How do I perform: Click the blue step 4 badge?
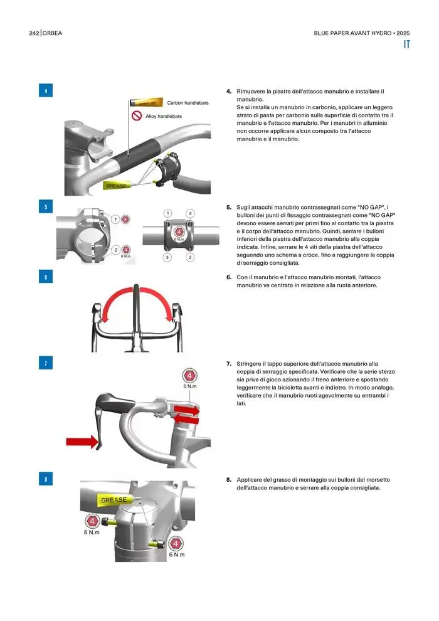coord(46,91)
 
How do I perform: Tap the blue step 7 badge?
coord(46,363)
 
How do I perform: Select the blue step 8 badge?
coord(46,479)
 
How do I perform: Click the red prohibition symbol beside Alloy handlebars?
coord(137,115)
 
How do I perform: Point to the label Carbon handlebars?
coord(188,103)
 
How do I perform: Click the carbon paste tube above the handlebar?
coord(146,103)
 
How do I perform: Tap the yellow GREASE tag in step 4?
coord(117,185)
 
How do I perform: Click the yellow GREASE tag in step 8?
coord(114,500)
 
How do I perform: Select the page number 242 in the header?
coord(34,33)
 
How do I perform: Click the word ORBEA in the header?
coord(52,33)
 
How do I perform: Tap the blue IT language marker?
coord(406,45)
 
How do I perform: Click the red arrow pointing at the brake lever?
coord(82,441)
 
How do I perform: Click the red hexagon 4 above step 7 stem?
coord(189,376)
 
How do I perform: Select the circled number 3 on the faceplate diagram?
coord(167,257)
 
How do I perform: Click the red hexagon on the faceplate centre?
coord(179,232)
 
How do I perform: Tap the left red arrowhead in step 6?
coord(105,317)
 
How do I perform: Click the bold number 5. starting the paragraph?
coord(229,207)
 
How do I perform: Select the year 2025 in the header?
coord(403,33)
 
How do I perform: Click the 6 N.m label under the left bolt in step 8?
coord(92,533)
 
